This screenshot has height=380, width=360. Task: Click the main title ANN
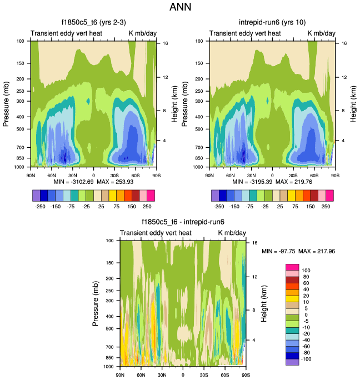click(180, 8)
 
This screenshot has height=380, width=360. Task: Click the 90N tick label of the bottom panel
click(119, 374)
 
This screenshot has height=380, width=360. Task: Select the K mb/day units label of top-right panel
click(322, 33)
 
